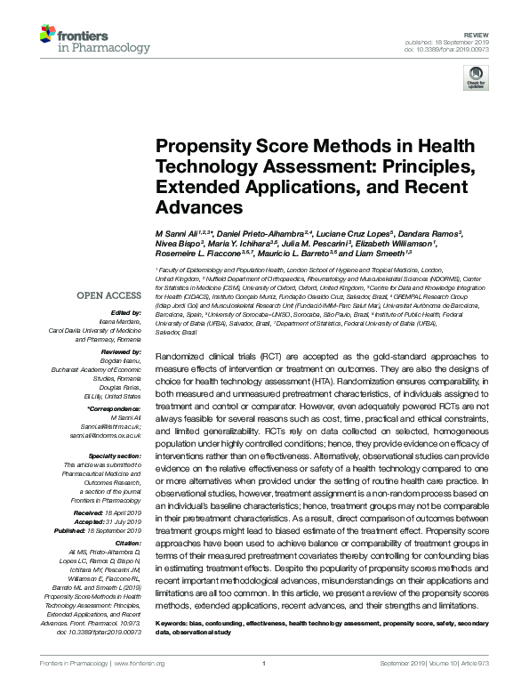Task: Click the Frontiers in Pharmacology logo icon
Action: coord(48,36)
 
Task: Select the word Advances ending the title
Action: coord(199,207)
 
